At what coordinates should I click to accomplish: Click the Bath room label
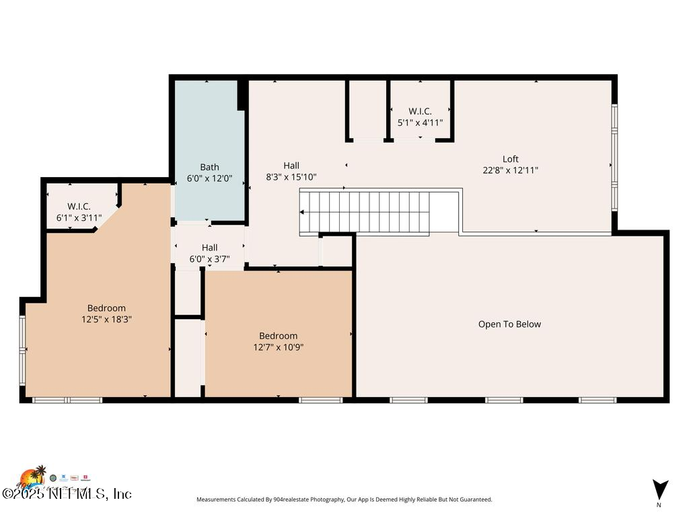point(209,167)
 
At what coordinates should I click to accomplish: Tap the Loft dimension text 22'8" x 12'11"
point(510,170)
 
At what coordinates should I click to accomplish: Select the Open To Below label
point(509,324)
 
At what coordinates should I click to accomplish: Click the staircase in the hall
point(367,212)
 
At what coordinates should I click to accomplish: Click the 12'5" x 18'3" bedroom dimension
point(106,320)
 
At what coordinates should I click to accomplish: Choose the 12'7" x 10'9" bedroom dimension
point(279,347)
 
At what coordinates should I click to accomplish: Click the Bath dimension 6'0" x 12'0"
point(209,178)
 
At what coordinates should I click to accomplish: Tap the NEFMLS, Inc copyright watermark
point(67,493)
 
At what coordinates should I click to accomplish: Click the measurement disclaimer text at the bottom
point(344,499)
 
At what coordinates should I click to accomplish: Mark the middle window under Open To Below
point(504,400)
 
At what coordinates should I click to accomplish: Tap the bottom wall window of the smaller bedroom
point(320,400)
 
